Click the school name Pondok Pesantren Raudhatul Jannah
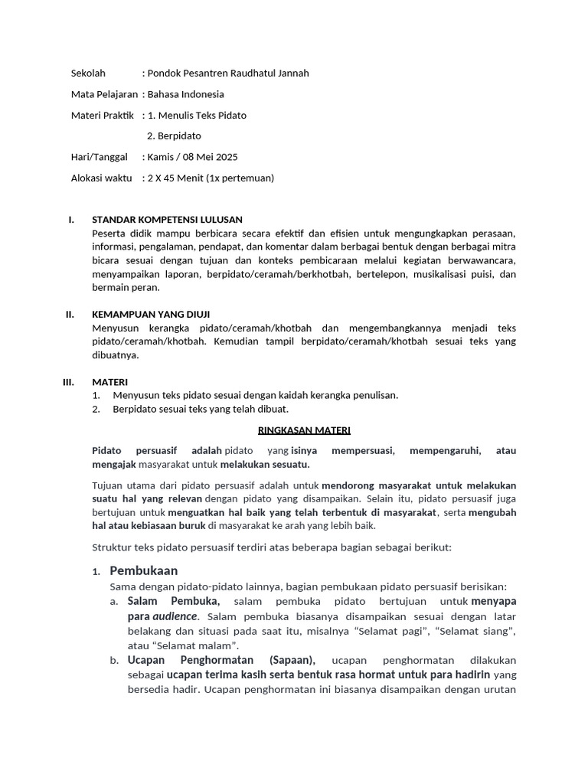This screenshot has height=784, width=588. point(228,73)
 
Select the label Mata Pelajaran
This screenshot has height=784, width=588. point(104,94)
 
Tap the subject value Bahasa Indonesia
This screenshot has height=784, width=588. point(186,94)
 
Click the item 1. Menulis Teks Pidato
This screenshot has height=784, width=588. point(197,116)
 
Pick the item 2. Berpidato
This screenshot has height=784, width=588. point(174,136)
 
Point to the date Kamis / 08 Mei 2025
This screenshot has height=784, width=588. point(193,157)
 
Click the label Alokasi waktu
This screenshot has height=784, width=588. point(101,178)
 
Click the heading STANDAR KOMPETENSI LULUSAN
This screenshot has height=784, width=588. point(167,220)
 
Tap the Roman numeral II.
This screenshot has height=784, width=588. point(70,314)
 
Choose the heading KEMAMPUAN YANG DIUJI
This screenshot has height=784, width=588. point(151,314)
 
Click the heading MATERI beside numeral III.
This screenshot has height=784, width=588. point(110,381)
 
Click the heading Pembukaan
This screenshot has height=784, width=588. point(144,570)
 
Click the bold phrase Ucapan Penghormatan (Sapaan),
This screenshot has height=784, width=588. point(221,660)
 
